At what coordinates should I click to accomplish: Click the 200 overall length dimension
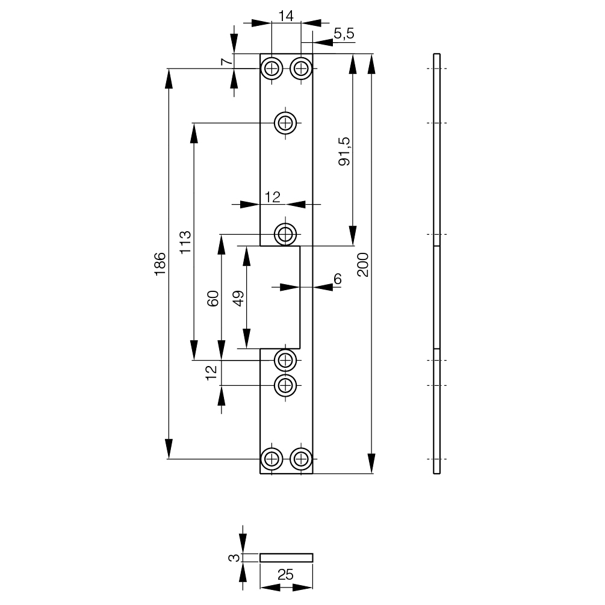coord(362,264)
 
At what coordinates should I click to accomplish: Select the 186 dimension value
coord(160,264)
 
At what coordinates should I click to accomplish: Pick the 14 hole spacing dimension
coord(286,16)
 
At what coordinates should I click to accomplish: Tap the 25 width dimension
coord(286,576)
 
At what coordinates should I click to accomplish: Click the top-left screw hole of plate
coord(272,69)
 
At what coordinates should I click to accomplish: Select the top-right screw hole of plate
coord(301,69)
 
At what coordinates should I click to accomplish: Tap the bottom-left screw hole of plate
coord(272,459)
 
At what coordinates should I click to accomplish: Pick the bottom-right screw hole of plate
coord(301,459)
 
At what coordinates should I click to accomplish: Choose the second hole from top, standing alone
coord(285,123)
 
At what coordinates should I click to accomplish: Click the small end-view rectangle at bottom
coord(287,557)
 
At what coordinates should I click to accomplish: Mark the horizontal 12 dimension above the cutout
coord(273,196)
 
